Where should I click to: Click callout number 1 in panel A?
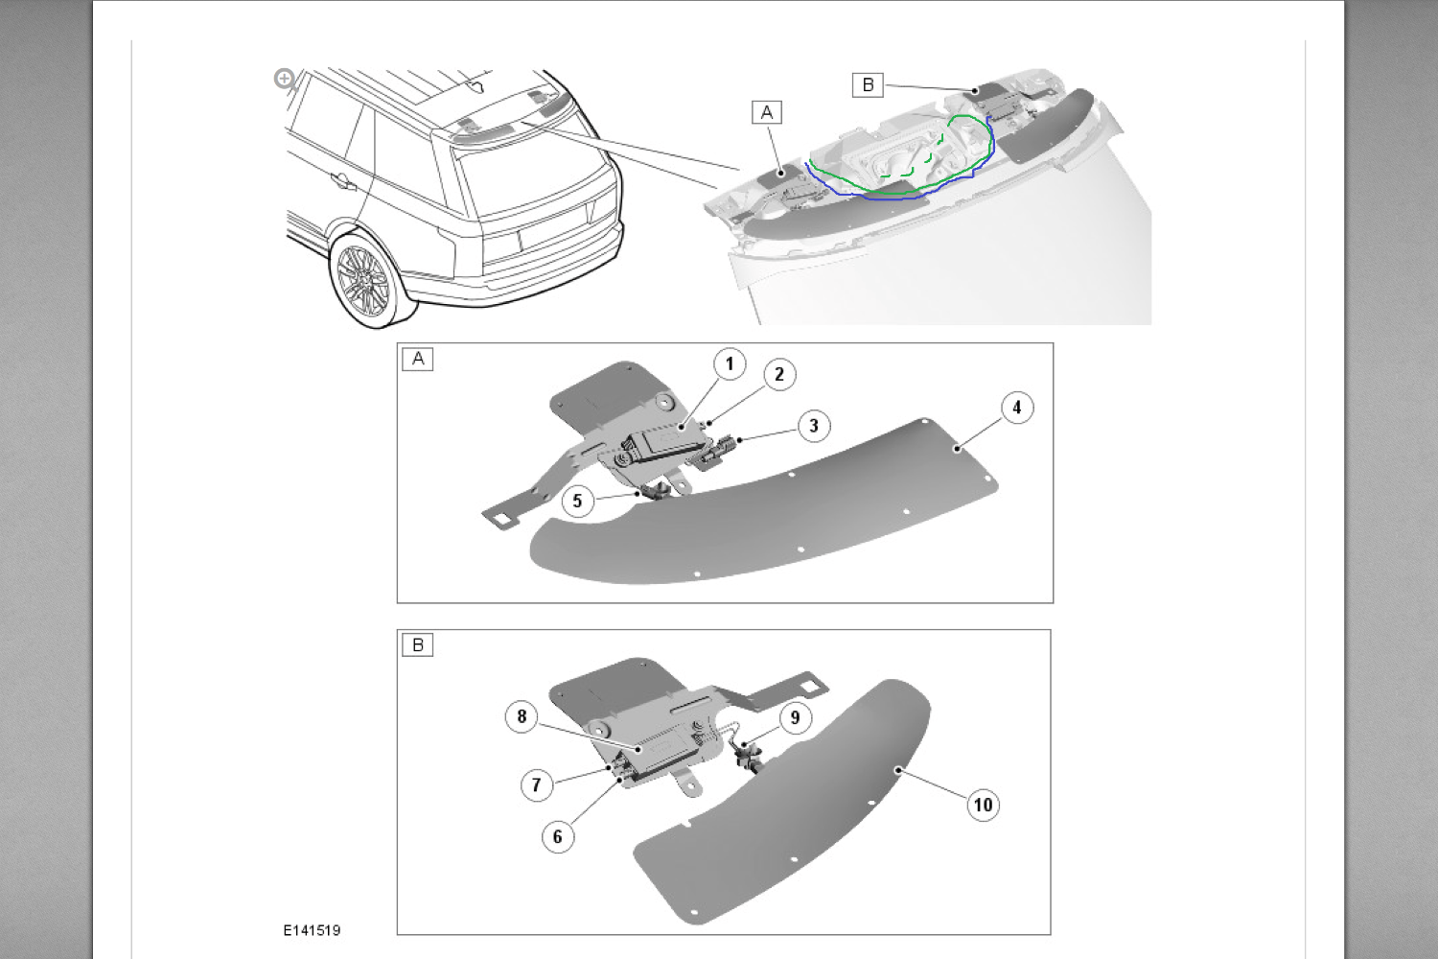coord(730,363)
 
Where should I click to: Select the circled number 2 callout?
coord(779,375)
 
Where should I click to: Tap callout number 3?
coord(814,426)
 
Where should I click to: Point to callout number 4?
coord(1017,408)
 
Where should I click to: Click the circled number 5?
coord(577,501)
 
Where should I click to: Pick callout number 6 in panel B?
coord(558,836)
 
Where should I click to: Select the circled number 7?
coord(537,785)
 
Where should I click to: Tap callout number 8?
coord(522,716)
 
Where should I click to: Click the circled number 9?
coord(795,717)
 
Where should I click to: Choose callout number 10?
coord(983,805)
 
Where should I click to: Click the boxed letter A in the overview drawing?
coord(767,113)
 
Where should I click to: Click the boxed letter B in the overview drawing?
coord(868,85)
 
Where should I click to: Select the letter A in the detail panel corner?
coord(418,360)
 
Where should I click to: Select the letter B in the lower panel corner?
coord(418,645)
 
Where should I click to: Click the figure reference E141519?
coord(312,930)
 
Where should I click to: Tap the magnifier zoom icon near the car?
coord(284,79)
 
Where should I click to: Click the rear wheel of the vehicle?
coord(363,282)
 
